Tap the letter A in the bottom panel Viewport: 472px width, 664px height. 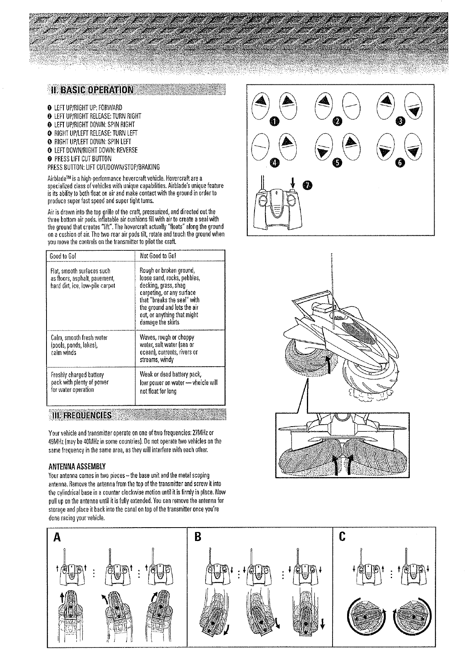(57, 537)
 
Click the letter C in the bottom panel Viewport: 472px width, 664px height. (342, 537)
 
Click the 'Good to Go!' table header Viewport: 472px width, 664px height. (63, 256)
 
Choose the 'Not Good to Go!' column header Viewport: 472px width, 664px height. (158, 256)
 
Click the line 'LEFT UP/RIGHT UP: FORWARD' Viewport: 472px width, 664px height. (85, 108)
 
